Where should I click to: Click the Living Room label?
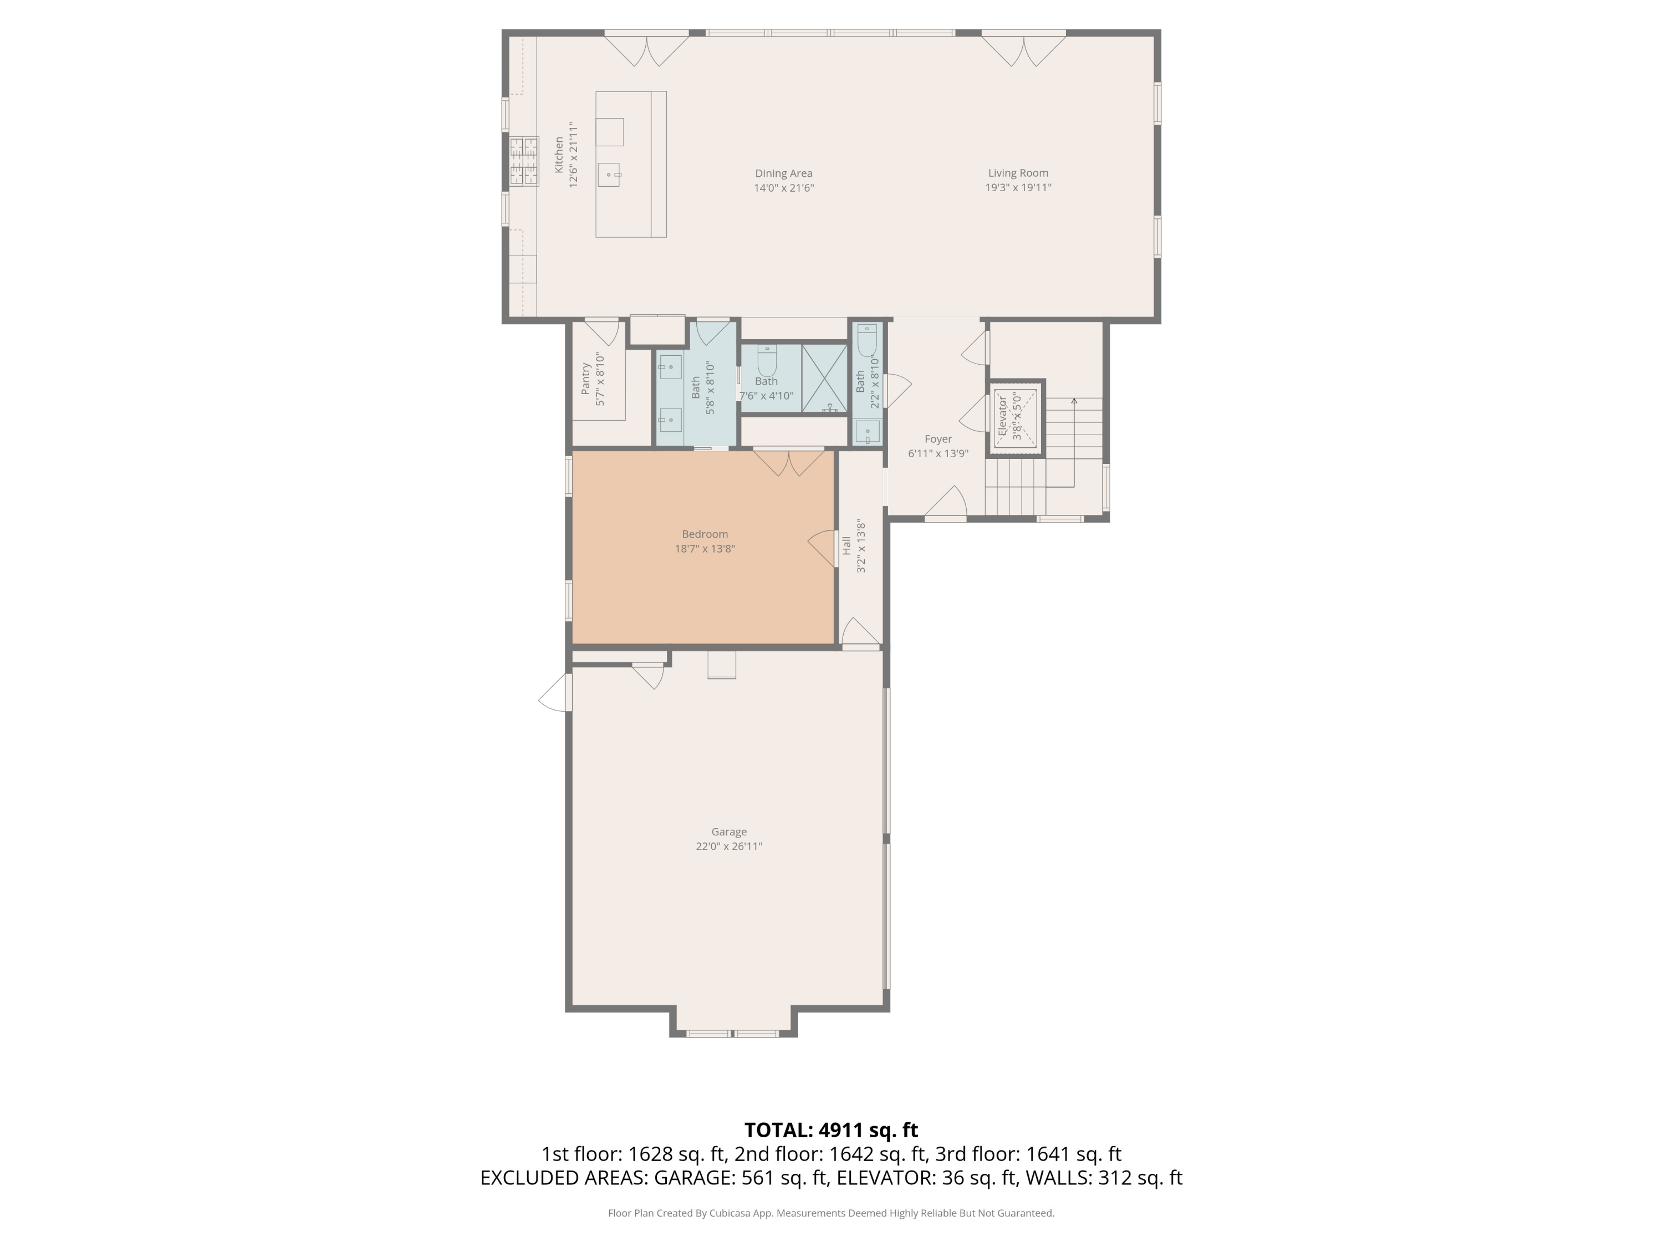pos(1018,173)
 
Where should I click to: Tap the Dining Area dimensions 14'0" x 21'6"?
pos(783,188)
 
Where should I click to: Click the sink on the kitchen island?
pos(609,175)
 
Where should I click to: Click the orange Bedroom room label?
pos(705,534)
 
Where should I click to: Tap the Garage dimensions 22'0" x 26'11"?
pos(728,846)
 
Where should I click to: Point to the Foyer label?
pos(937,439)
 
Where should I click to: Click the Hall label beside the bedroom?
pos(846,546)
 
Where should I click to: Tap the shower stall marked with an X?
pos(825,378)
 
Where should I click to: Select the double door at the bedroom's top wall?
pos(789,462)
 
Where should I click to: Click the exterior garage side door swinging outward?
pos(555,692)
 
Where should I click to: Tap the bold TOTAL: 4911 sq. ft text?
pos(831,1130)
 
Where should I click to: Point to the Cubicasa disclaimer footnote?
pos(831,1213)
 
